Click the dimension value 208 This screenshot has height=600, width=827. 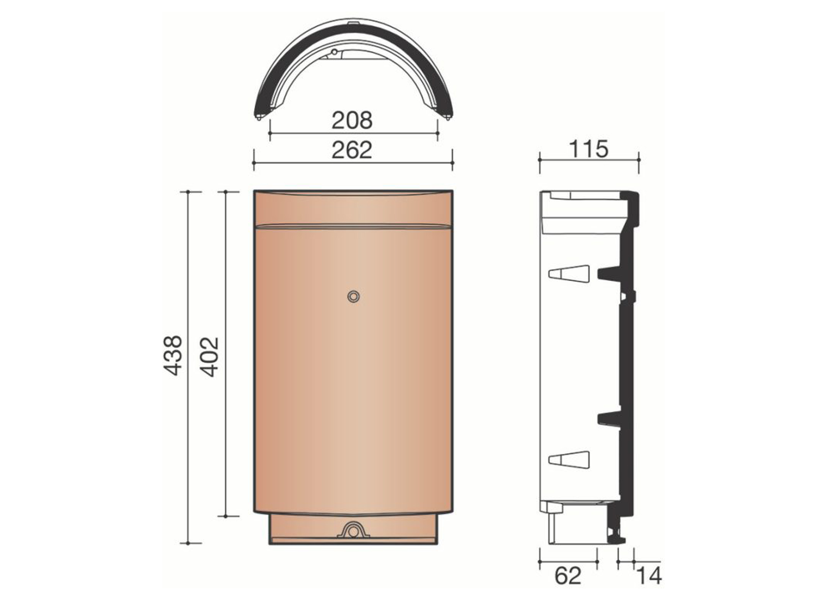[x=352, y=120]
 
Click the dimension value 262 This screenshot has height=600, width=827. [x=352, y=150]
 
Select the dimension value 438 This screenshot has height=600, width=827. [x=173, y=355]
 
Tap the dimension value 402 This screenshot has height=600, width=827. [x=210, y=356]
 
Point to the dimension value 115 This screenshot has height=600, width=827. [x=589, y=149]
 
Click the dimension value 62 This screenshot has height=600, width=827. [x=567, y=576]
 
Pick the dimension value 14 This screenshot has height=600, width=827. [x=649, y=576]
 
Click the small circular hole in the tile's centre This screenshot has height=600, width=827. [x=353, y=296]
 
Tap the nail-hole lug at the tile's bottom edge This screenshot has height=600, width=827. [x=353, y=531]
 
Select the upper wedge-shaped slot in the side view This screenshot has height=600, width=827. [x=569, y=273]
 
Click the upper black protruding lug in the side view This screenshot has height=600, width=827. [x=608, y=273]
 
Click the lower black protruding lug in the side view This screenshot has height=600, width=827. [x=608, y=418]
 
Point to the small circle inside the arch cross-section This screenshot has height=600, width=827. [x=335, y=53]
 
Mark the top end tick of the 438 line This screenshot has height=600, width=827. [x=188, y=191]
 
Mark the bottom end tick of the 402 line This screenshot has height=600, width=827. [x=225, y=516]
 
